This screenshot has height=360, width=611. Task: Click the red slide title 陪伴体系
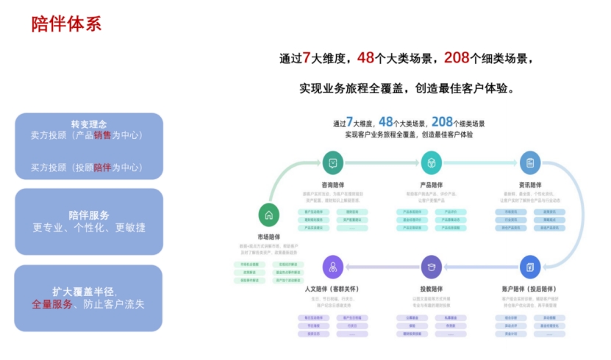(66, 24)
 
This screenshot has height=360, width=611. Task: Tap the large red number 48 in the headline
(365, 57)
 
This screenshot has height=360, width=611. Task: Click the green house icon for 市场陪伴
(269, 215)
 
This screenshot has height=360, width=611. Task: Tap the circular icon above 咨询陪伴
(333, 162)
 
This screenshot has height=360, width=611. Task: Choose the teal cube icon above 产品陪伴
(431, 162)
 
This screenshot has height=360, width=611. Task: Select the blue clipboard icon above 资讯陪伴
(529, 162)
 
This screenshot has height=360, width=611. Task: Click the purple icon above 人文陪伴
(333, 267)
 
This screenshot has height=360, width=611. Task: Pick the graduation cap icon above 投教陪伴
(431, 267)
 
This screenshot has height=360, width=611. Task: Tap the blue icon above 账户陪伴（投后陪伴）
(529, 267)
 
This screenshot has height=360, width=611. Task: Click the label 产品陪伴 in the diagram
(431, 184)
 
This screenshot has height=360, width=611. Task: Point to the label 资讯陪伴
(529, 184)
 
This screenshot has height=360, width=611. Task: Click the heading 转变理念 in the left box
(88, 123)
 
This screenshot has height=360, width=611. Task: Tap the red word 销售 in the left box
(102, 135)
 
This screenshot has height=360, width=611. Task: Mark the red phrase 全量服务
(51, 303)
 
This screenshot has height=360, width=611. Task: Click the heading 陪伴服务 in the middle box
(88, 215)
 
